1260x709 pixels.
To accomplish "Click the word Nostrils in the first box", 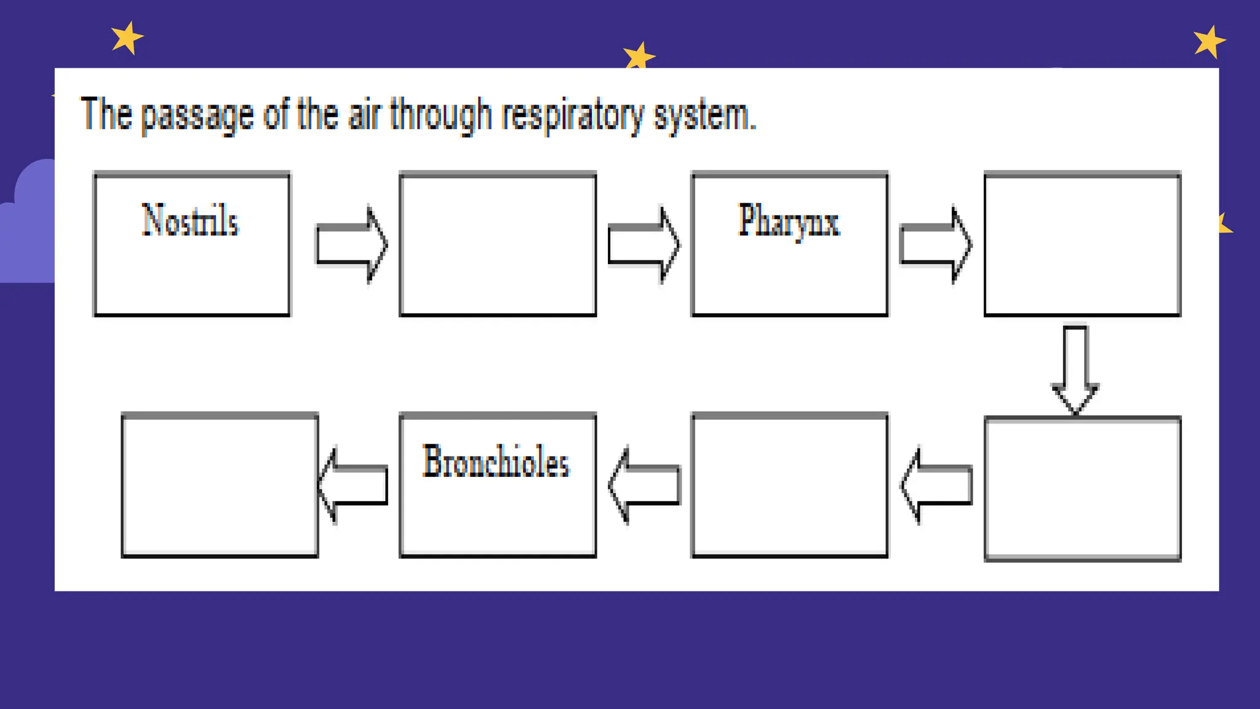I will click(190, 221).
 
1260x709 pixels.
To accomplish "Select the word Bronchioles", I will click(496, 462).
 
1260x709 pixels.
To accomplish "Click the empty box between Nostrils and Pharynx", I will click(498, 245).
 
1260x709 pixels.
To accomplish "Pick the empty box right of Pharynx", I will click(1082, 245).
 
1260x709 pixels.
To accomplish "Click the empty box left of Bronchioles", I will click(220, 486).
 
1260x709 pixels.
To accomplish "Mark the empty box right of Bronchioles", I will click(789, 486).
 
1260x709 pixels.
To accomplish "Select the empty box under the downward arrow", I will click(1082, 489).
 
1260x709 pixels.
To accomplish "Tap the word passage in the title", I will click(197, 116).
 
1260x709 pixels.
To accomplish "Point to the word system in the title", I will click(703, 116).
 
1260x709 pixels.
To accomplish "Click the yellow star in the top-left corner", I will click(127, 38).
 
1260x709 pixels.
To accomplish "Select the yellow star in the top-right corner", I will click(1209, 42).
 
